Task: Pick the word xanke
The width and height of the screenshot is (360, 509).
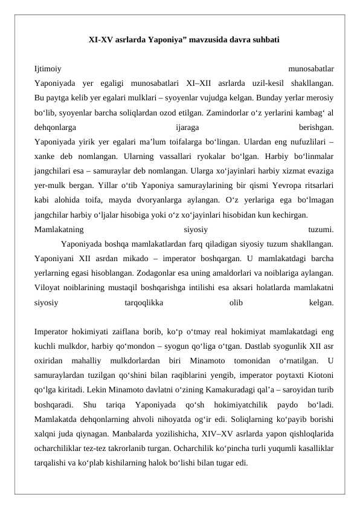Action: point(45,156)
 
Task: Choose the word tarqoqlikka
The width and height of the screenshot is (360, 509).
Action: point(144,301)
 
